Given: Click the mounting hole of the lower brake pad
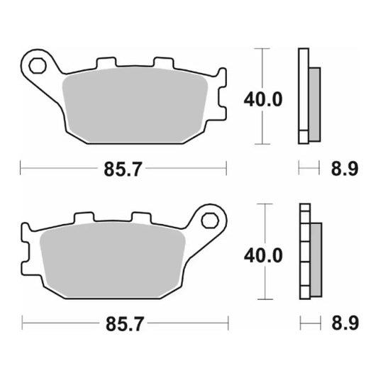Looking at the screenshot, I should pyautogui.click(x=210, y=220).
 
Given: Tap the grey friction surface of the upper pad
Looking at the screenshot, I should pyautogui.click(x=135, y=103).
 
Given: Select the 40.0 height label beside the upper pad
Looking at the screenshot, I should pyautogui.click(x=263, y=99).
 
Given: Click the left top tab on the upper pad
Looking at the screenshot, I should pyautogui.click(x=107, y=64).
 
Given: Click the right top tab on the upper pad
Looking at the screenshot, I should pyautogui.click(x=164, y=64).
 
